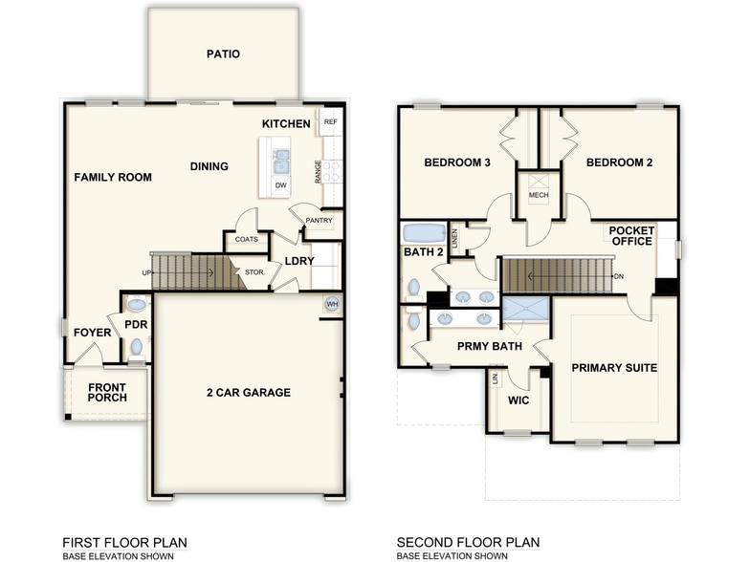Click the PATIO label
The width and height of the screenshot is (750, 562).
(223, 54)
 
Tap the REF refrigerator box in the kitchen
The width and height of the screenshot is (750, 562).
(331, 122)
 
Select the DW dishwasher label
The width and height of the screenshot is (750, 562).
(280, 185)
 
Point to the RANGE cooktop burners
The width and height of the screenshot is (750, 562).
(332, 170)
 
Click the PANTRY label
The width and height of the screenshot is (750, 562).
(319, 221)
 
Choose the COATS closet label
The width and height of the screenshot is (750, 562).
(246, 239)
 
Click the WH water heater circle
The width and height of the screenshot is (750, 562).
(332, 303)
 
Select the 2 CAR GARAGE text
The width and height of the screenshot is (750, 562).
(248, 392)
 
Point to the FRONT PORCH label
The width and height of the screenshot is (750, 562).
(107, 392)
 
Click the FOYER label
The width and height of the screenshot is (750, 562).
(93, 333)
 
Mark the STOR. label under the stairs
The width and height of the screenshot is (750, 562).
(254, 272)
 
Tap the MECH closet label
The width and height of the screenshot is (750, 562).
(538, 198)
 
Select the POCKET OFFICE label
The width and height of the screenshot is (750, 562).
(630, 235)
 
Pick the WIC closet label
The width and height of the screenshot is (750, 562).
(518, 400)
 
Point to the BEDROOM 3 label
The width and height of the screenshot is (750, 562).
(457, 162)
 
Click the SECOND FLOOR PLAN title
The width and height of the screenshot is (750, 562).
(468, 542)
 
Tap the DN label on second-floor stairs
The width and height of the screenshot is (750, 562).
(618, 277)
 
